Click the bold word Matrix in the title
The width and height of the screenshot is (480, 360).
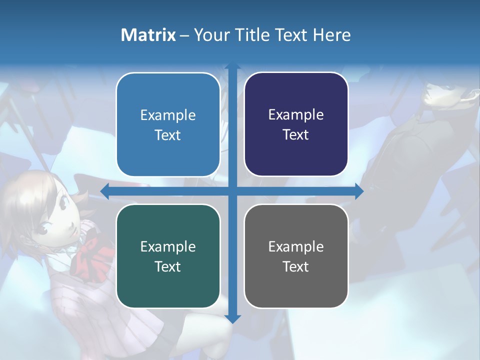point(148,35)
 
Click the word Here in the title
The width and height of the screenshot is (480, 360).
point(332,35)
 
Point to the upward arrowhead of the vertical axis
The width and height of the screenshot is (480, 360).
point(232,66)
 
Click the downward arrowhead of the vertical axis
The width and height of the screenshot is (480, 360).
point(232,318)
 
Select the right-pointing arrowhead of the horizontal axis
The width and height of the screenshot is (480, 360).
point(359,191)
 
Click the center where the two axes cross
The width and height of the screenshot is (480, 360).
point(232,191)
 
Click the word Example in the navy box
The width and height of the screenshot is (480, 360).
point(296,115)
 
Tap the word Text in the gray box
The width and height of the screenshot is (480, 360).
point(296,266)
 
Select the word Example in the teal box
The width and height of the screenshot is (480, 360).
point(168,246)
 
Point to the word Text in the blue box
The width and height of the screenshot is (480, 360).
point(168,135)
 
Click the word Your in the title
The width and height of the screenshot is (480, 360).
point(210,35)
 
